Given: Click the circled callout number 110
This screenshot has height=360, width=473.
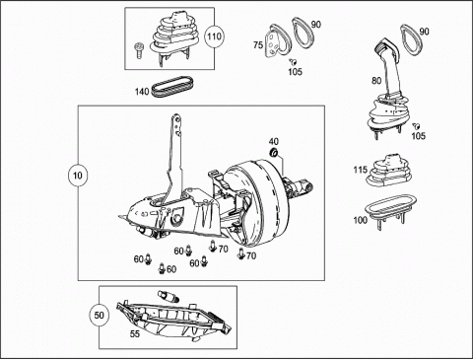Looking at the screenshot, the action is pos(214,36).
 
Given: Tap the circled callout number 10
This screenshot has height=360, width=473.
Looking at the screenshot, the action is pos(78,176).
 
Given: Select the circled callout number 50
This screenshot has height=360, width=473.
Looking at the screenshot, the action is pos(99,316).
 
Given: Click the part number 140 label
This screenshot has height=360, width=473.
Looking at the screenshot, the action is pos(142,92).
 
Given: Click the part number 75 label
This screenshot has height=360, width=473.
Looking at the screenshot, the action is pos(258,44).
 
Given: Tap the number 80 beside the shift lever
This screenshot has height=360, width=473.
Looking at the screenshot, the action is pos(376,81).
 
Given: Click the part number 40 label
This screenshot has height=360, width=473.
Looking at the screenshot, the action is pos(274,141).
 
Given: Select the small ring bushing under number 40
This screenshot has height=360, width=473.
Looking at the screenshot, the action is pos(273,153).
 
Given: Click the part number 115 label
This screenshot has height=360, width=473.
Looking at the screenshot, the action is pos(361,170).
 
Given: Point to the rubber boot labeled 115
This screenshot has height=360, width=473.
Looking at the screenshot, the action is pos(389,171).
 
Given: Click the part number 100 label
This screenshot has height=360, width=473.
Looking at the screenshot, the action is pos(360,220).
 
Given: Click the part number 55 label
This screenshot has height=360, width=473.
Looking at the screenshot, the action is pos(135,334).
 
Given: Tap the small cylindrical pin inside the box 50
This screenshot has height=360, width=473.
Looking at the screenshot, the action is pos(169,296).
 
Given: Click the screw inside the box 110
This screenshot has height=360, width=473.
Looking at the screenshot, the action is pos(139,50).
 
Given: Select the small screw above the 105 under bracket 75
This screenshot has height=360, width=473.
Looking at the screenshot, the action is pos(293,61).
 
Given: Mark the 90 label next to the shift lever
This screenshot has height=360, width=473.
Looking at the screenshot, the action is pos(424,32).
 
